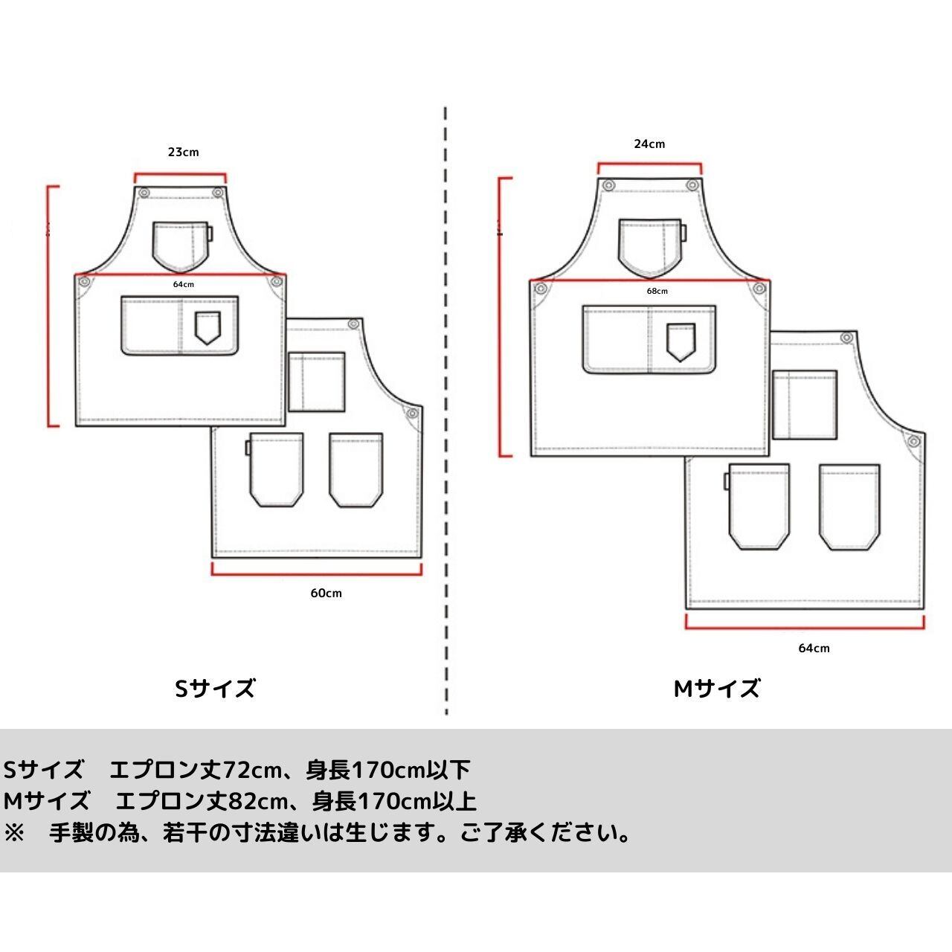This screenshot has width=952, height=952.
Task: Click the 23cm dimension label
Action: tap(183, 152)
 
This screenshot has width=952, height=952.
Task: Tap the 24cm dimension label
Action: tap(649, 144)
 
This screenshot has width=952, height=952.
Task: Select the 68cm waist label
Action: tap(657, 291)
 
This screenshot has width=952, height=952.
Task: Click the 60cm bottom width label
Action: tap(326, 593)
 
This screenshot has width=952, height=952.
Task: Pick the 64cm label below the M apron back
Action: tap(814, 648)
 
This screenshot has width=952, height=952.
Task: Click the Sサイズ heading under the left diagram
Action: tap(215, 689)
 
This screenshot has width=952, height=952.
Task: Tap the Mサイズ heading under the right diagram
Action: tap(717, 689)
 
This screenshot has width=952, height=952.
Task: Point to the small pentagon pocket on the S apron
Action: tap(208, 327)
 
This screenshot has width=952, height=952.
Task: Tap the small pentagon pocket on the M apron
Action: tap(680, 341)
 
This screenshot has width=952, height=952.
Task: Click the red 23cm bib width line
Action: tap(180, 176)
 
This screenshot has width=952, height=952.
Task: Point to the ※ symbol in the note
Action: tap(15, 832)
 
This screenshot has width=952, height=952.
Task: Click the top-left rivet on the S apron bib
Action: tap(145, 193)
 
